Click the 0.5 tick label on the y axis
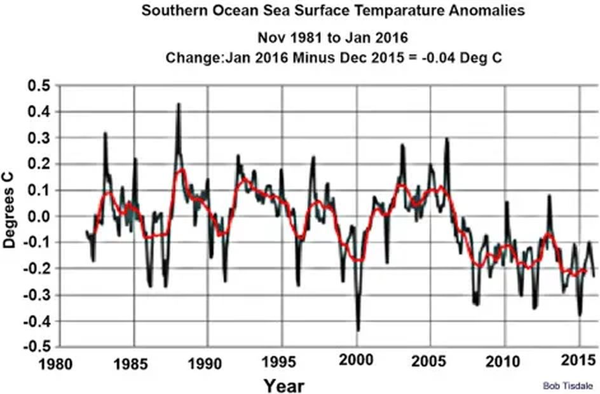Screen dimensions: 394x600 40,86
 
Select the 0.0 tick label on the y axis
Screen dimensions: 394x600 40,217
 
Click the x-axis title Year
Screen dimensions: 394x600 284,385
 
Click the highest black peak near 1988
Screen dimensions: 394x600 179,104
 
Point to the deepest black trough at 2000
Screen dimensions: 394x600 358,330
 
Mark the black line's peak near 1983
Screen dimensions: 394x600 105,133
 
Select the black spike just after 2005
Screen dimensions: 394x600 447,139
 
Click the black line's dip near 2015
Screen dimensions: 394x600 580,315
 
